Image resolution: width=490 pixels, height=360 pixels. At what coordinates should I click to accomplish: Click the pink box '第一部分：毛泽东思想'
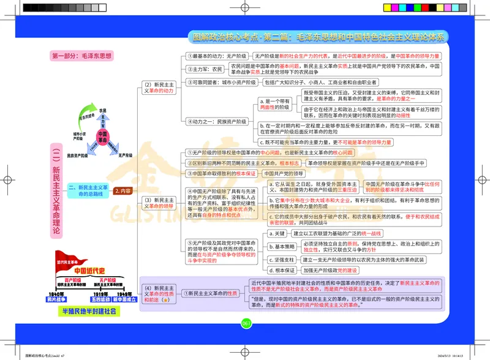pos(82,56)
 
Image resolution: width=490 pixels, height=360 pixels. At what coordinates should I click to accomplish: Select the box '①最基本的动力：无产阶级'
pos(217,56)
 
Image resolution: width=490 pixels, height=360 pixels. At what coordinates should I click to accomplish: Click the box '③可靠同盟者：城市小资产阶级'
pos(222,82)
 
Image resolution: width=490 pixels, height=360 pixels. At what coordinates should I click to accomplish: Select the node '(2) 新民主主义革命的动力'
pos(159,87)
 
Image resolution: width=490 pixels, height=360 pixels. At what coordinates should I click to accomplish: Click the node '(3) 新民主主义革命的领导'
pos(159,203)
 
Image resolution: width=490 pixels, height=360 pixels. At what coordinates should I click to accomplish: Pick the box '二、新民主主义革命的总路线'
pos(88,190)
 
